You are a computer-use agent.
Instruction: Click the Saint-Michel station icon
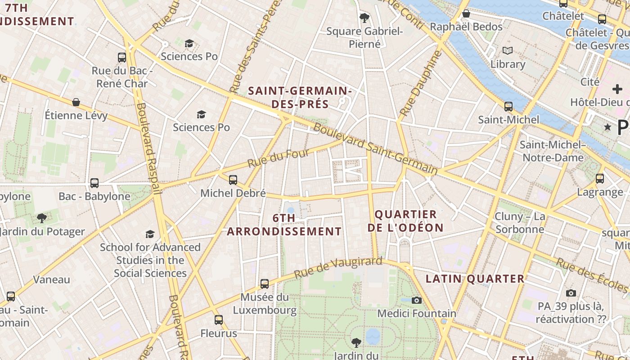coord(508,107)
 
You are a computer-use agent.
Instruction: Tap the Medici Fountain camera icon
coord(417,300)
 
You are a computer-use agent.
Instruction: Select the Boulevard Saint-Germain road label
coord(375,149)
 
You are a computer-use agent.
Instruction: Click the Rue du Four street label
coord(279,158)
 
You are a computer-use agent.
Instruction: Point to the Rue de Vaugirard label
coord(338,268)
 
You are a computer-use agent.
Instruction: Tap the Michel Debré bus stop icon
coord(233,180)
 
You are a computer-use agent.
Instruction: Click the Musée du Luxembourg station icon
coord(265,284)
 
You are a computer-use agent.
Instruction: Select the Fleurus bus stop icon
coord(219,320)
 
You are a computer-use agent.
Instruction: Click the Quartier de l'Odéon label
coord(405,221)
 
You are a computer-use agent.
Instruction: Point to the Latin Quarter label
coord(475,279)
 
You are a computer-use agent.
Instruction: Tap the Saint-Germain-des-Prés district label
coord(300,97)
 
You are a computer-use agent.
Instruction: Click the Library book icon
coord(508,50)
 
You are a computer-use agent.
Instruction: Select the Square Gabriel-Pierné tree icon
coord(364,18)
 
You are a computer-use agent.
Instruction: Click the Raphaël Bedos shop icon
coord(466,13)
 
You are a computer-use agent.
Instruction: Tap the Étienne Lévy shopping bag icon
coord(76,102)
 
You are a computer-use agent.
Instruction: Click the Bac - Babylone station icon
coord(94,183)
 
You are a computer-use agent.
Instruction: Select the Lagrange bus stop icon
coord(600,179)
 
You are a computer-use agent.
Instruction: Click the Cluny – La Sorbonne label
coord(520,223)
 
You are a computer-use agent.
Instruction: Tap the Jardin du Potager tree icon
coord(42,218)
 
